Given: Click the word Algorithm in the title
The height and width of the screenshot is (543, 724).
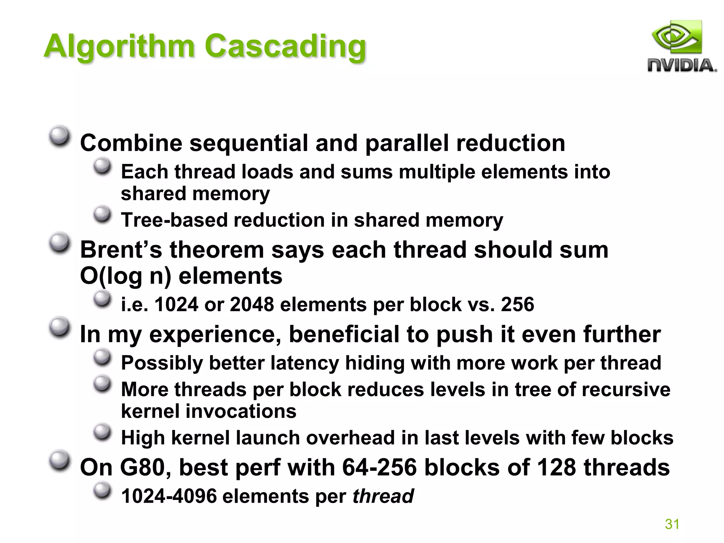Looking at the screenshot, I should tap(119, 46).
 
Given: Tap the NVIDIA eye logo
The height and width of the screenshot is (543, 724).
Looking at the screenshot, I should tap(676, 37).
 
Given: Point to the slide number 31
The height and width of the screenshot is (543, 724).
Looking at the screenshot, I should tap(672, 524).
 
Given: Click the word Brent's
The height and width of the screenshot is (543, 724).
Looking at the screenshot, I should tap(121, 250).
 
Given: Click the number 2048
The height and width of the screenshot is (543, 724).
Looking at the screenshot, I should tap(252, 304).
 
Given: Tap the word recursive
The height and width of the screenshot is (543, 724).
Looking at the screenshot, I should tap(626, 390).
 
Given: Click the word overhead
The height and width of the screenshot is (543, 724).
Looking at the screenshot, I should tap(350, 438).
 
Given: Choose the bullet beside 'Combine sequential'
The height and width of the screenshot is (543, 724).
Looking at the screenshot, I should tap(59, 136).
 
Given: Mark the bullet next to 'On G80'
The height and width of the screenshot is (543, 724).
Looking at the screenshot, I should tap(59, 461).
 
